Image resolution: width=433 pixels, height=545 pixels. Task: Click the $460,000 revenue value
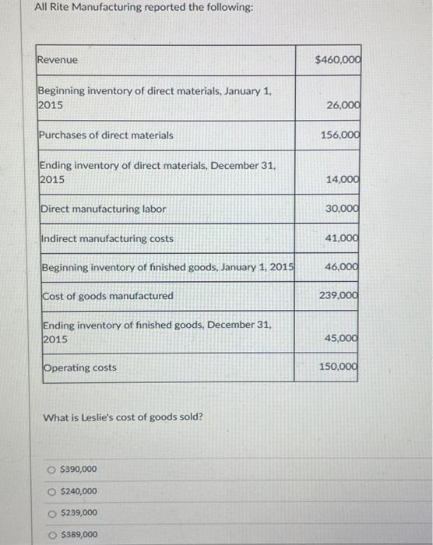click(337, 60)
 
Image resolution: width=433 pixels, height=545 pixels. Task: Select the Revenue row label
click(58, 60)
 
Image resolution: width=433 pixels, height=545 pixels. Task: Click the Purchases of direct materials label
click(107, 135)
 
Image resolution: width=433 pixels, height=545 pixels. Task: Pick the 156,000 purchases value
click(340, 135)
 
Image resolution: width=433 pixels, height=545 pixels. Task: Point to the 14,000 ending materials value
click(342, 179)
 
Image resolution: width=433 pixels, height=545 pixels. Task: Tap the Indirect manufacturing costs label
click(107, 238)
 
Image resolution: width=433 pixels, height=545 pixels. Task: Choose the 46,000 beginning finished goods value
click(342, 266)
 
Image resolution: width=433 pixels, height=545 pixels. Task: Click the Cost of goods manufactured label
click(107, 296)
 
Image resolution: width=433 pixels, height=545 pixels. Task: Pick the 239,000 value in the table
click(340, 295)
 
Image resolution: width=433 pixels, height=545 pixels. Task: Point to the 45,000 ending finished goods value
click(342, 338)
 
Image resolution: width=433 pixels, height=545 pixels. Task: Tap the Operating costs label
click(79, 367)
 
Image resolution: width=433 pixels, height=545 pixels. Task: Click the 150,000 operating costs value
click(340, 367)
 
